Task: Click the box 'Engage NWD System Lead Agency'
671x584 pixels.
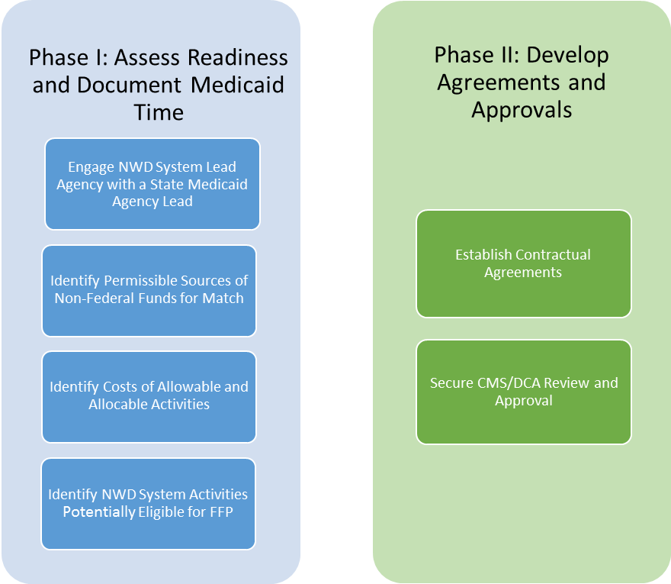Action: point(152,184)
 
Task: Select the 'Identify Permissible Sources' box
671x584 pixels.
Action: point(149,290)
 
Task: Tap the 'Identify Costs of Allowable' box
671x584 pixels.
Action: point(149,396)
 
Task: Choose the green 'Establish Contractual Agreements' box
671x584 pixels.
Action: point(523,263)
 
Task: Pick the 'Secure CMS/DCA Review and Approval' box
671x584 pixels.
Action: point(523,392)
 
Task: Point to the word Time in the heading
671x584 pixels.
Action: point(159,112)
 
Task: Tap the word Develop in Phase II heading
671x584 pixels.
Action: point(568,55)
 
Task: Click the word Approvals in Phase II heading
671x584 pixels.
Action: point(522,109)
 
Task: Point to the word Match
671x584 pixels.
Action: point(223,298)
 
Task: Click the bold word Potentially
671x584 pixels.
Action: point(99,512)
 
